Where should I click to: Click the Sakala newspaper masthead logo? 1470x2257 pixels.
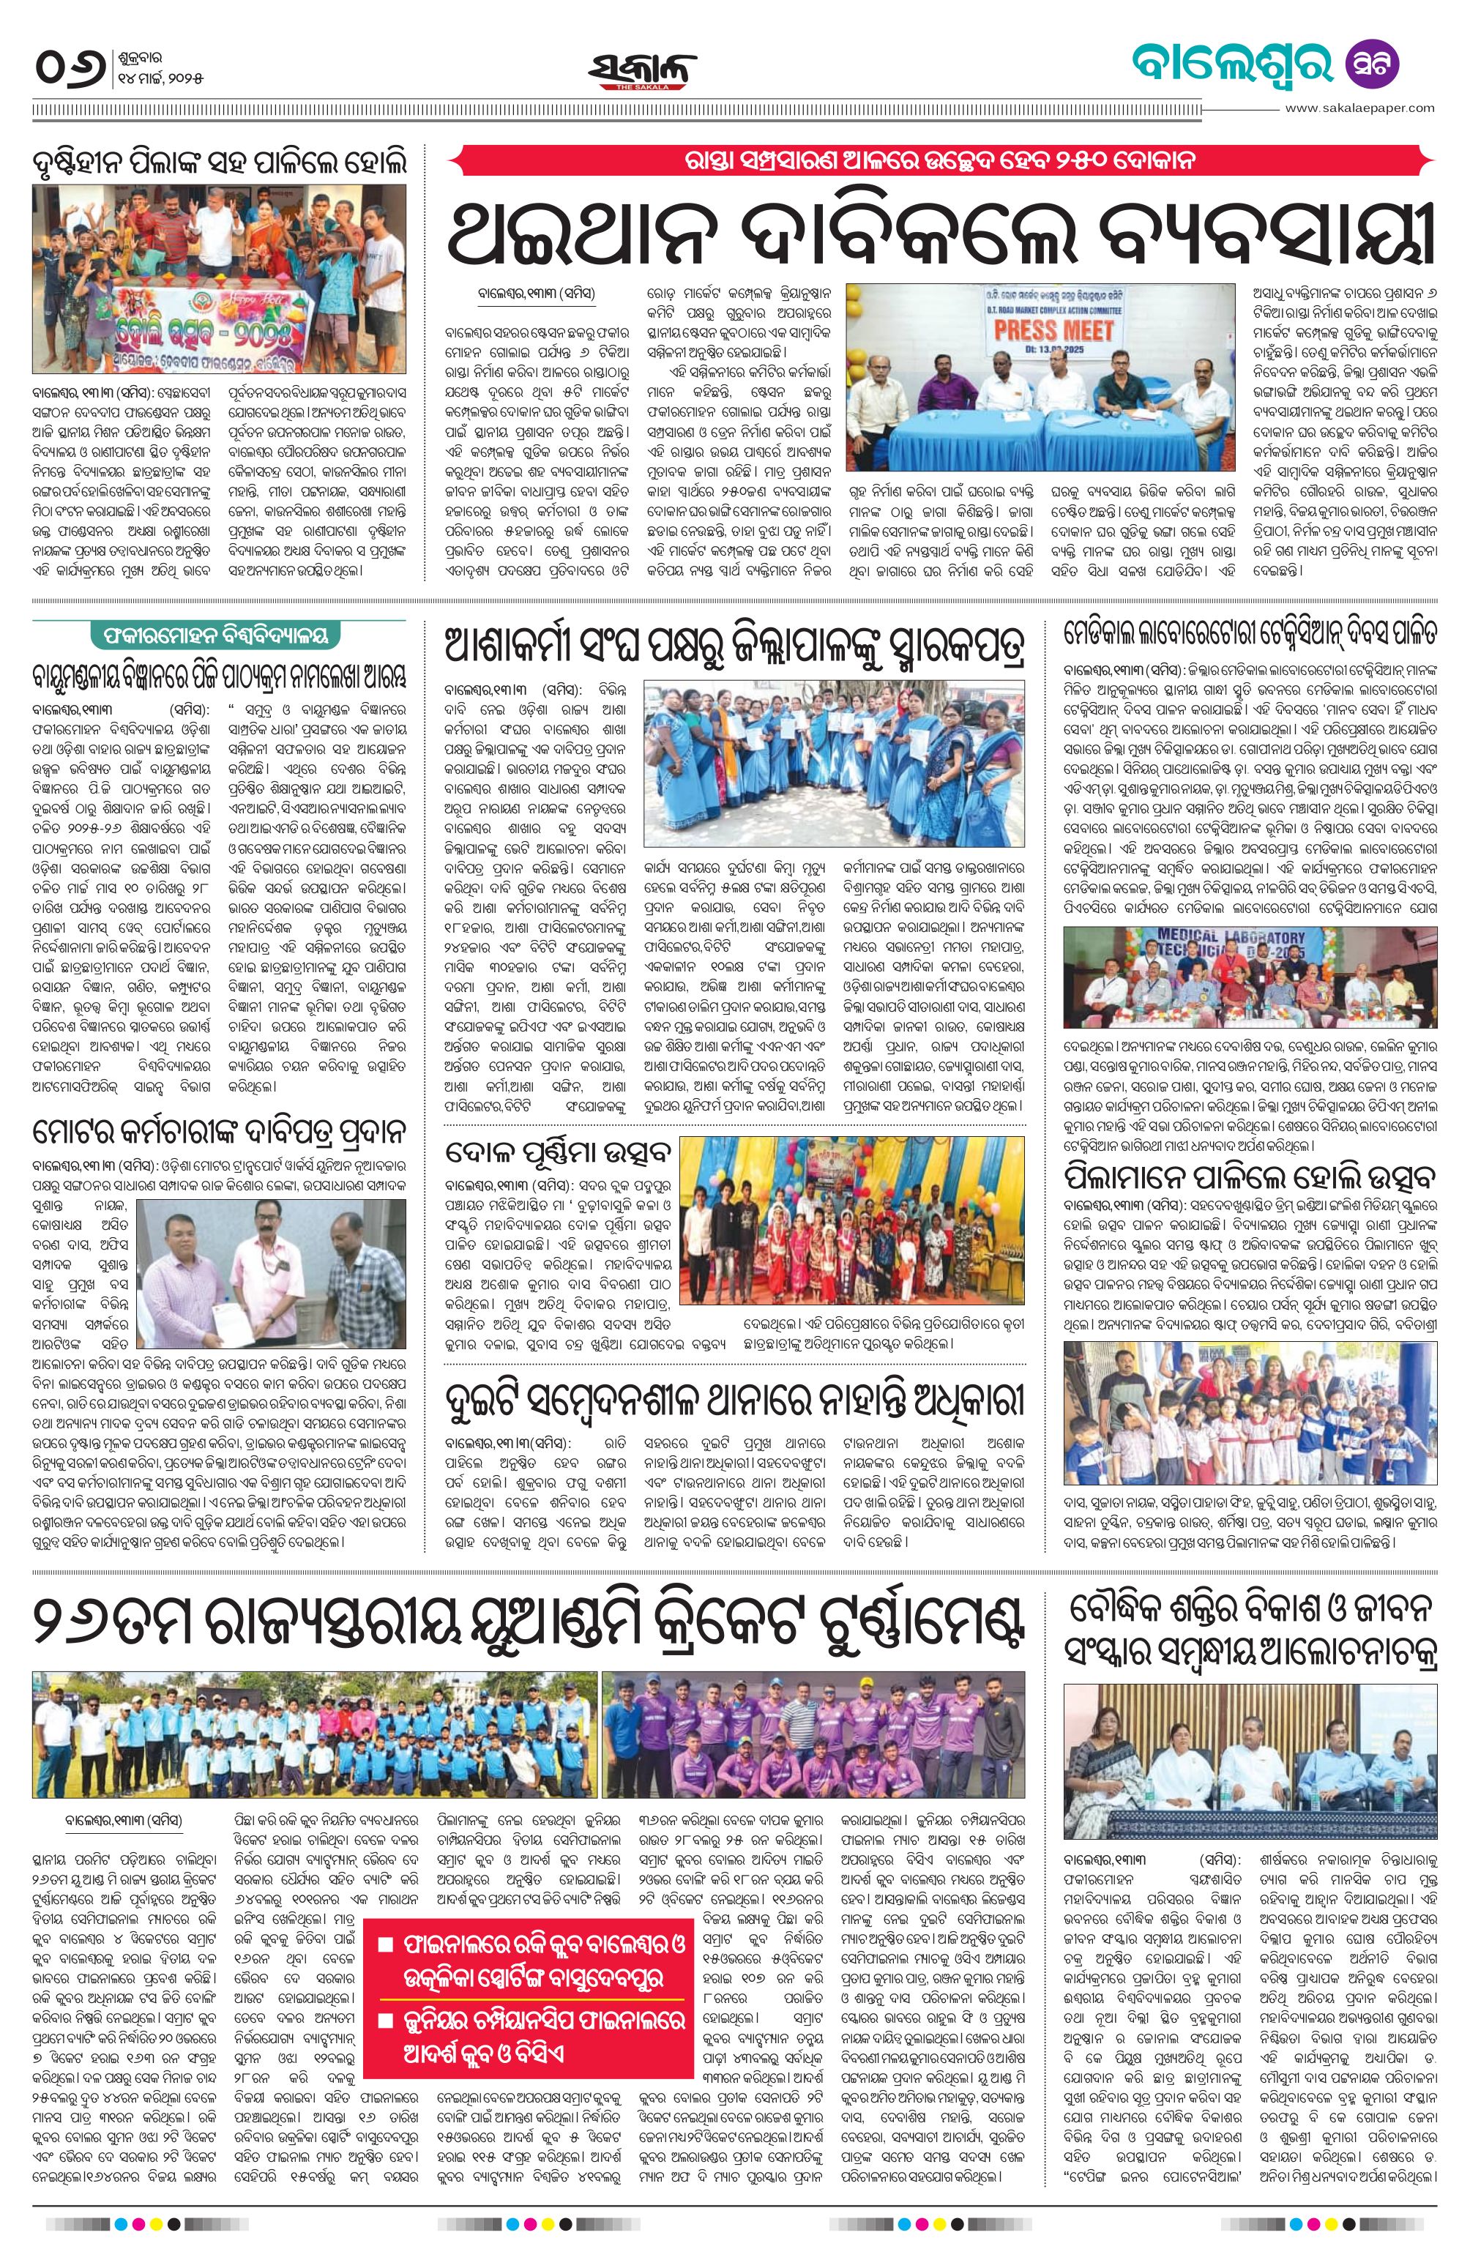[x=641, y=70]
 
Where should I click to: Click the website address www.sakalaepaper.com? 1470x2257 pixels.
[x=1360, y=108]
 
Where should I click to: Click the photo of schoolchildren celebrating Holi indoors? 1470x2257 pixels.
[x=1249, y=1412]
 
